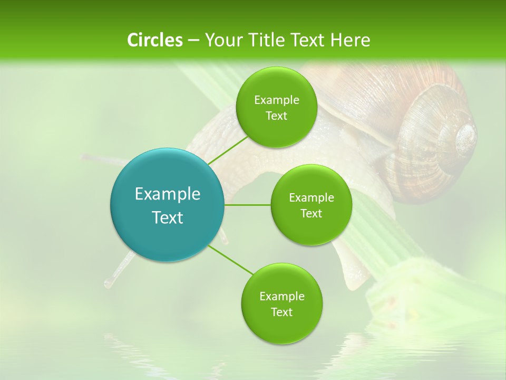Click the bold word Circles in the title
click(154, 40)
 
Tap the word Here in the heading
click(351, 40)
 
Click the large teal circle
click(168, 205)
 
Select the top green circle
click(277, 108)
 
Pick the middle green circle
click(312, 205)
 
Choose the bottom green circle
click(282, 304)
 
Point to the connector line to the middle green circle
click(247, 205)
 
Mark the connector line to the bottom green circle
click(231, 260)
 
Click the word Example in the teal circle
click(168, 194)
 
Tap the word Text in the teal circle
click(168, 217)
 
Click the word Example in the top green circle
click(277, 100)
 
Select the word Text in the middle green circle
click(312, 213)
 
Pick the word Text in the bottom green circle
click(282, 312)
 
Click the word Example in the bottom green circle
click(282, 296)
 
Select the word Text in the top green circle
click(277, 116)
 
